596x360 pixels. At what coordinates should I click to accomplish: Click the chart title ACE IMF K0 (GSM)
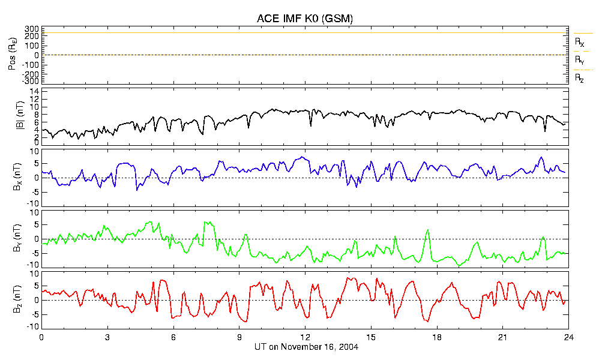[305, 19]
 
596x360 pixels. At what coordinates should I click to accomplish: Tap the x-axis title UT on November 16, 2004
[306, 347]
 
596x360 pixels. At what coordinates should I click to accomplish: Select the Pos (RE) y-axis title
[13, 55]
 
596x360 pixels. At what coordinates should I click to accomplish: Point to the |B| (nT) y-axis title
[20, 115]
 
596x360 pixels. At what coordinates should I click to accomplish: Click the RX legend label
[579, 42]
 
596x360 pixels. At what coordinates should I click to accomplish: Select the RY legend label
[579, 61]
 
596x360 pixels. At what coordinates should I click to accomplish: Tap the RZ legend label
[579, 79]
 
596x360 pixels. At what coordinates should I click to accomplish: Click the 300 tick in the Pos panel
[32, 29]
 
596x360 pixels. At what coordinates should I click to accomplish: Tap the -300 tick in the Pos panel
[31, 81]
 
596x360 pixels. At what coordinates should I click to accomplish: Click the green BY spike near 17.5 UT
[427, 230]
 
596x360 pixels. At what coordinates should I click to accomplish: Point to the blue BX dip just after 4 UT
[137, 190]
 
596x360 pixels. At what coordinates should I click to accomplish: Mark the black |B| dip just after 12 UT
[310, 125]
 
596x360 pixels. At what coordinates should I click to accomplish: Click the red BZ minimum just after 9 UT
[246, 322]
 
